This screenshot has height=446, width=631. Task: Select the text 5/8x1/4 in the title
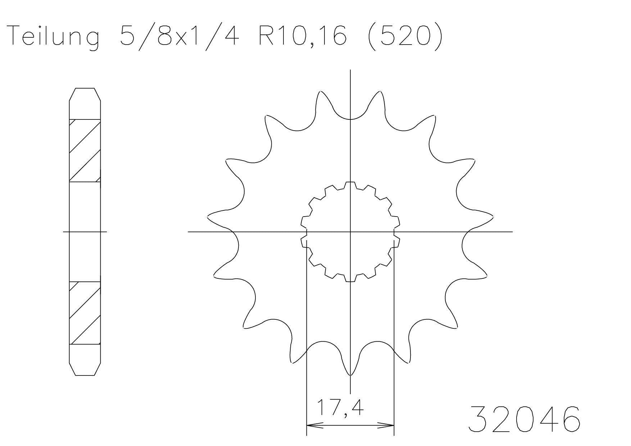pos(180,36)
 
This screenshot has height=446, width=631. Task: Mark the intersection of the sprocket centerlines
pos(350,232)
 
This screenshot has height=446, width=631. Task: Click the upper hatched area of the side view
pos(85,150)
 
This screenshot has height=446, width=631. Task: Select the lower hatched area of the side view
pos(85,313)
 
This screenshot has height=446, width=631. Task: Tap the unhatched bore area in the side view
pos(85,232)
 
